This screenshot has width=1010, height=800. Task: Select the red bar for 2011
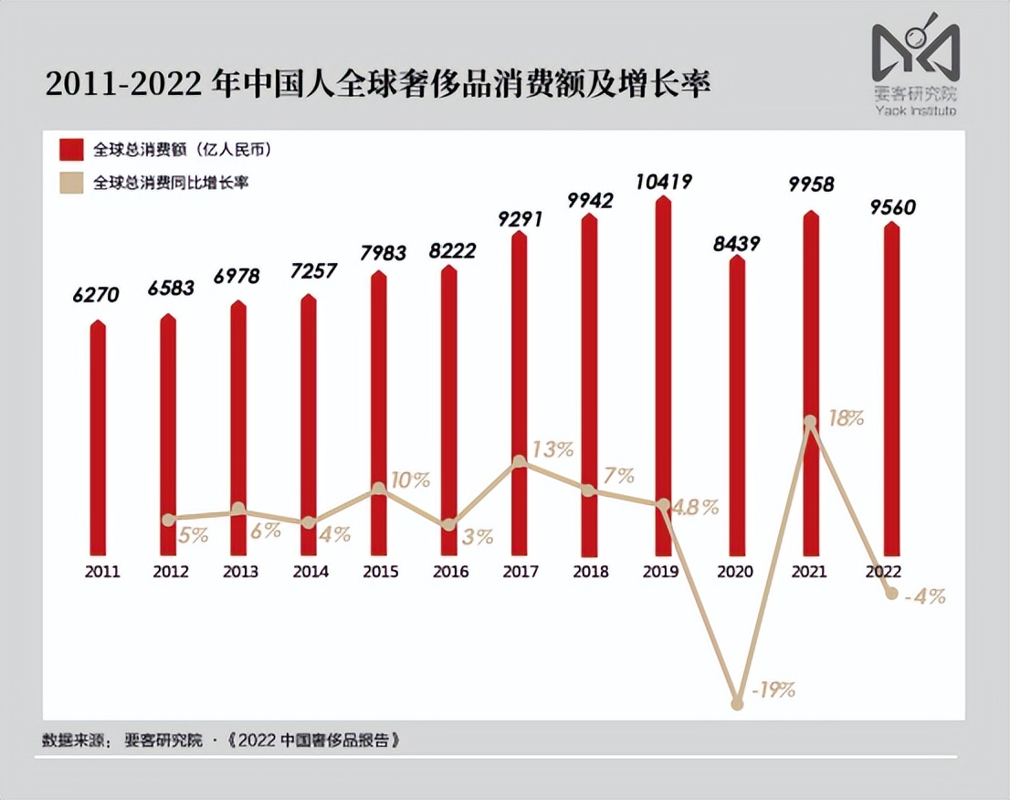coord(98,438)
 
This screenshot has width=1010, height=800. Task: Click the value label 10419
coord(664,181)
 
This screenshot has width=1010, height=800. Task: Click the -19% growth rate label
coord(773,689)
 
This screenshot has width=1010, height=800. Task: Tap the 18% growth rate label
coord(847,419)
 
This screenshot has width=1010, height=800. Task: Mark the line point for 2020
coord(737,703)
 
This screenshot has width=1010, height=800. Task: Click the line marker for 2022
coord(892,594)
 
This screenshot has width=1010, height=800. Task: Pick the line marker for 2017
coord(519,462)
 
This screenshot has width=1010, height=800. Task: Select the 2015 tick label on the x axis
coord(380,572)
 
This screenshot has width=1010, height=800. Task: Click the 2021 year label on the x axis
coord(809,572)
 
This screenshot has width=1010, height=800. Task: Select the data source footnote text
coord(221,740)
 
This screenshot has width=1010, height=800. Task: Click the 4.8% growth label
coord(695,507)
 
